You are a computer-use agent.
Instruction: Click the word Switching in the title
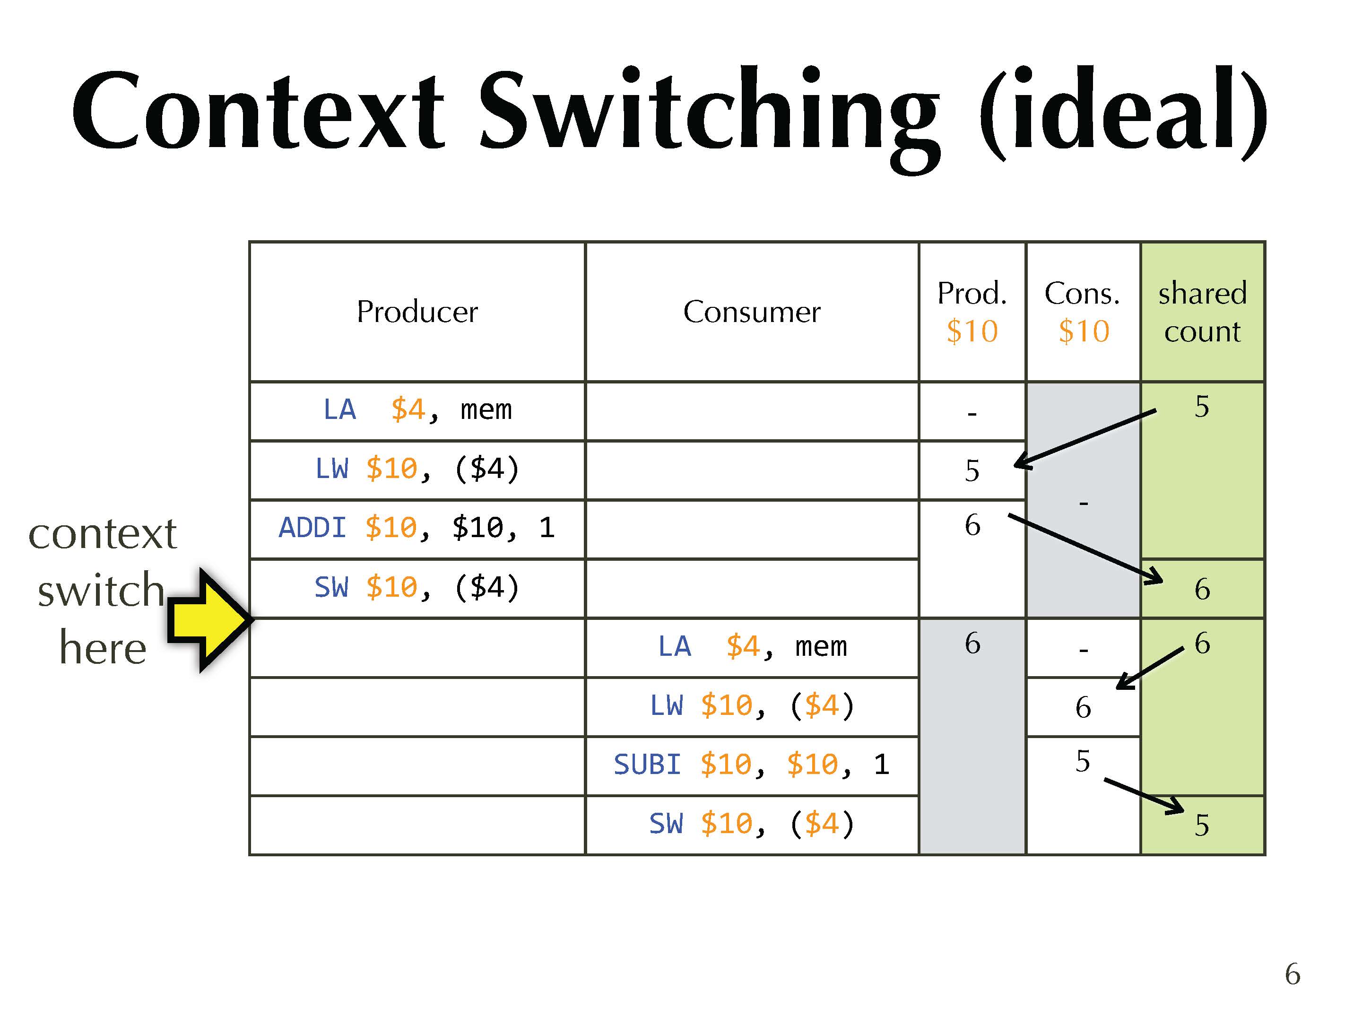tap(708, 113)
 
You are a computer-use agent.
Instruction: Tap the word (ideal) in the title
tap(1122, 113)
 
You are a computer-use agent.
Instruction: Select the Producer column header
tap(417, 312)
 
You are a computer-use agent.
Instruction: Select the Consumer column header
tap(752, 312)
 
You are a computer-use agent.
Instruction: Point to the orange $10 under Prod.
tap(972, 331)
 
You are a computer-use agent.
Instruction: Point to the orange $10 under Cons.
tap(1084, 331)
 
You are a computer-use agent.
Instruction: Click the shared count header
tap(1202, 312)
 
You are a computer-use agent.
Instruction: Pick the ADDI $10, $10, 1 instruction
tap(417, 527)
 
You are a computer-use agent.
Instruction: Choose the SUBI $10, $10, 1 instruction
tap(752, 764)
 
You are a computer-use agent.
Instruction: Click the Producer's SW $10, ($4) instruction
tap(417, 587)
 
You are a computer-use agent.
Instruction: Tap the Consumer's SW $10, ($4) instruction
tap(752, 824)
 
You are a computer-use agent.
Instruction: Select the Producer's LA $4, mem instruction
tap(417, 409)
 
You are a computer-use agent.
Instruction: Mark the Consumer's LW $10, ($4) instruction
tap(752, 705)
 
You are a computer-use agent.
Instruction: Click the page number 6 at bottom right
tap(1292, 974)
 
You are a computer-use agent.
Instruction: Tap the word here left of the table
tap(103, 648)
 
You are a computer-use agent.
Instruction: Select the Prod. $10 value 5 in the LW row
tap(972, 470)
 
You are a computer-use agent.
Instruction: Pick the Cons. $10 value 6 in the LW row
tap(1083, 707)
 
